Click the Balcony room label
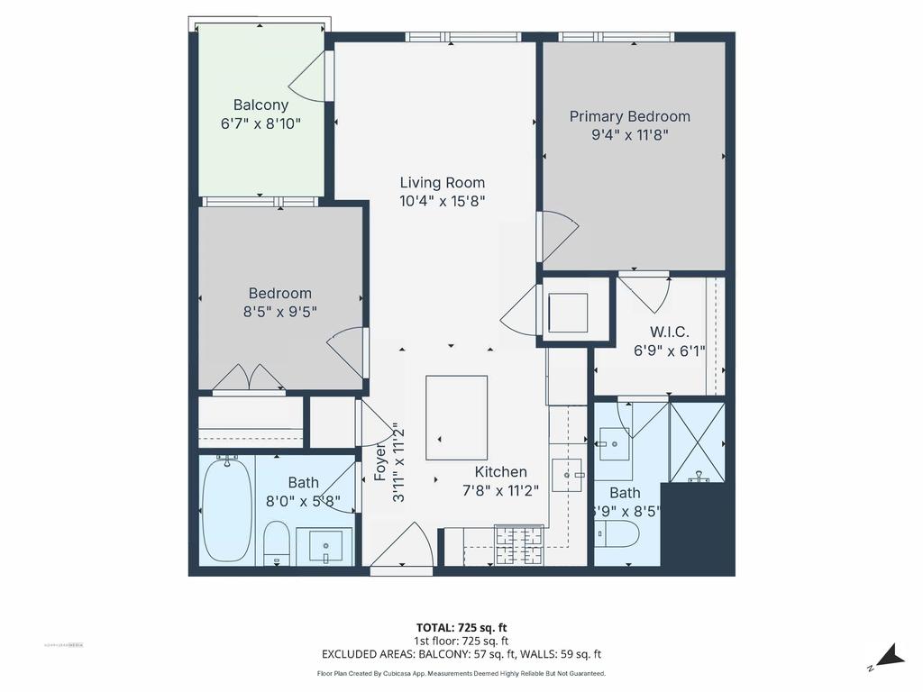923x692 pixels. point(260,105)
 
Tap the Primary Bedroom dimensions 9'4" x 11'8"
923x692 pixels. point(629,135)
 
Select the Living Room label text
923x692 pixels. point(442,183)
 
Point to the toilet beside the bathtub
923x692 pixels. point(277,543)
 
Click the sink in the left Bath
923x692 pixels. point(325,545)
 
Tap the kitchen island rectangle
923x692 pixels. point(457,417)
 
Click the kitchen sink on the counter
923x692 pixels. point(567,473)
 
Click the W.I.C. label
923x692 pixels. point(669,332)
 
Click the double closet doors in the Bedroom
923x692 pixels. point(249,378)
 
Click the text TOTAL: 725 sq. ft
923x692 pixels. point(467,627)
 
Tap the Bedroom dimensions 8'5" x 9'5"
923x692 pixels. point(279,312)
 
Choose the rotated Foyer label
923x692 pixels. point(379,463)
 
